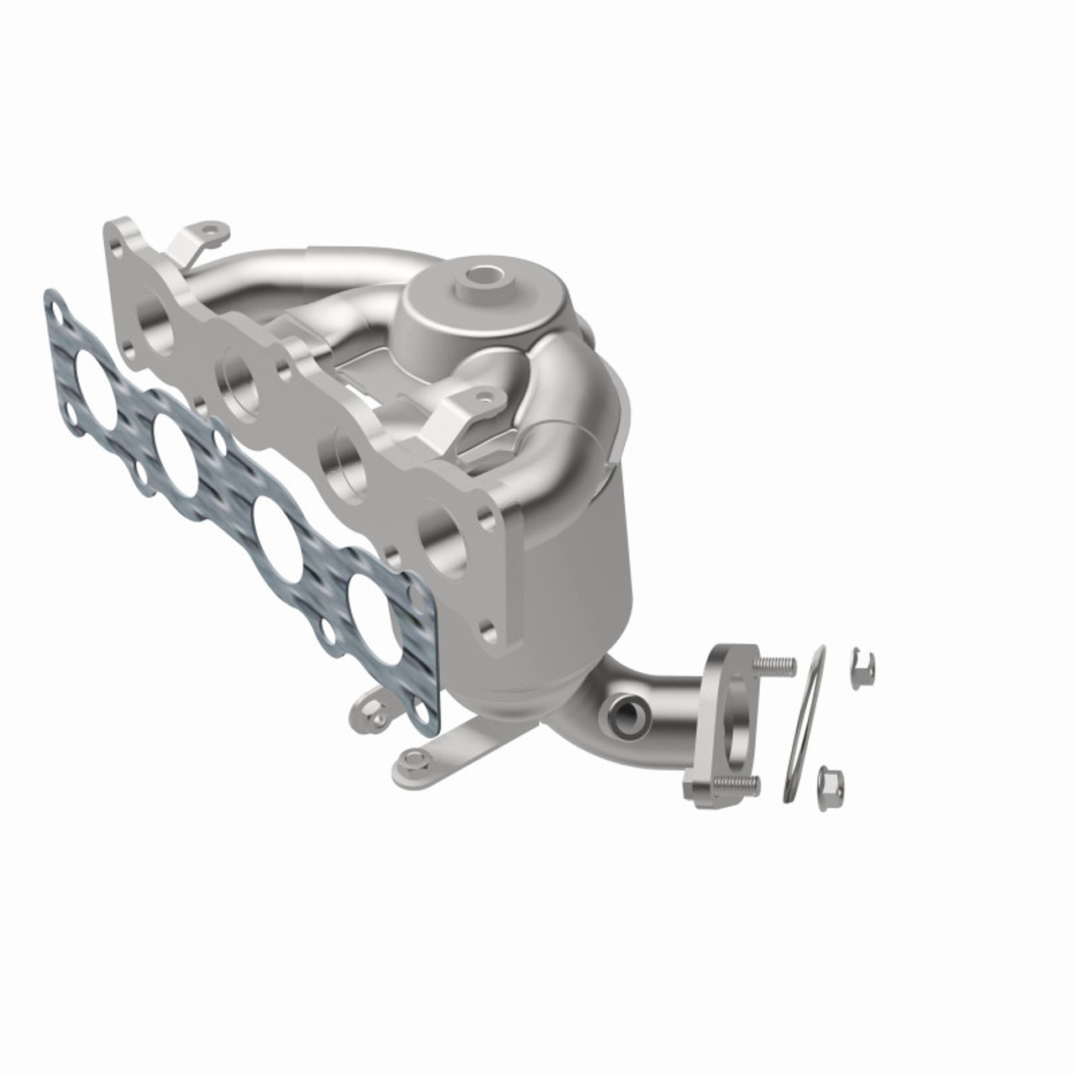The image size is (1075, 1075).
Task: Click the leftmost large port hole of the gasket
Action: (x=93, y=376)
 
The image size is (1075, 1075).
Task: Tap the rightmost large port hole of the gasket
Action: (x=374, y=606)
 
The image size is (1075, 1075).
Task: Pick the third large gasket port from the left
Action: (x=277, y=528)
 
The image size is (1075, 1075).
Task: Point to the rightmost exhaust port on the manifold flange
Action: (x=441, y=534)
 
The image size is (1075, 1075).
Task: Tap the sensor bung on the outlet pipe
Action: (x=627, y=714)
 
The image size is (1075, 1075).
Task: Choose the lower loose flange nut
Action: (x=831, y=783)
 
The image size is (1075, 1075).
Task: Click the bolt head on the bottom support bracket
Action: (x=411, y=760)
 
